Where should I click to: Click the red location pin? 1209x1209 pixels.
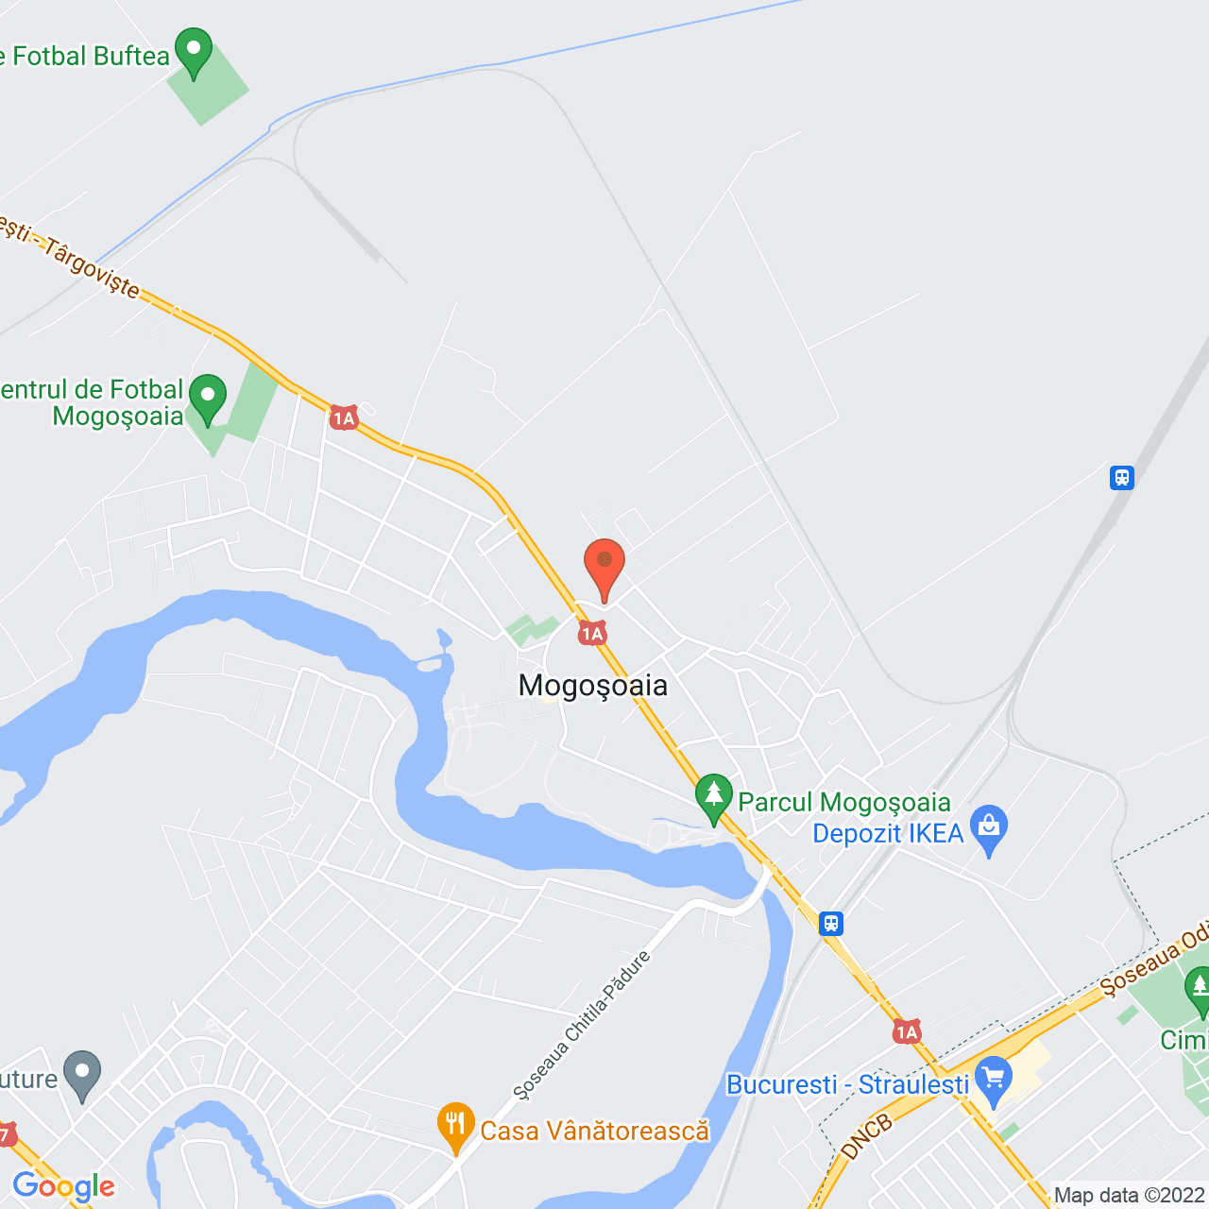point(604,568)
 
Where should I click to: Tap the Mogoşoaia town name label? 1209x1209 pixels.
point(593,685)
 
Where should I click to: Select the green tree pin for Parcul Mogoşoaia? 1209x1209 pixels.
point(714,796)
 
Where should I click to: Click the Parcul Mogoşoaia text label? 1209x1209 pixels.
point(843,802)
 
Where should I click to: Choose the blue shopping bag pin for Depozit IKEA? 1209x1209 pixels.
point(989,828)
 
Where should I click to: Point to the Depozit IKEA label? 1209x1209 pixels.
point(888,833)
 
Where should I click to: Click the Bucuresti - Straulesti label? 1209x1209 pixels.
point(847,1084)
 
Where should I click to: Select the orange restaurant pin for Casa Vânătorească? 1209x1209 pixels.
point(456,1126)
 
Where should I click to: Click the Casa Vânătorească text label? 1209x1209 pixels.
point(594,1131)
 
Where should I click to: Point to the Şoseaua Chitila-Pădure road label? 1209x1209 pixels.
point(582,1026)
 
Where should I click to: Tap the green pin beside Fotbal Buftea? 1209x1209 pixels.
point(194,52)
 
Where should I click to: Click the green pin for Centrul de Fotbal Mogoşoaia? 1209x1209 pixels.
point(207,398)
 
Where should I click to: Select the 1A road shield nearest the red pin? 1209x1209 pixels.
point(592,634)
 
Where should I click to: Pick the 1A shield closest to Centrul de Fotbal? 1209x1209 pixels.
point(344,417)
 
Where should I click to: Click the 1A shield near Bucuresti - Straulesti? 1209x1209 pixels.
point(907,1031)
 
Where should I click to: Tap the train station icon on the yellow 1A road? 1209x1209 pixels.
point(831,923)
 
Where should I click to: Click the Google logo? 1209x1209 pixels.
point(63,1186)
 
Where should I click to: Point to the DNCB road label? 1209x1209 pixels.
point(866,1136)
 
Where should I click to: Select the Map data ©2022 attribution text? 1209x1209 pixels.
point(1130,1195)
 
